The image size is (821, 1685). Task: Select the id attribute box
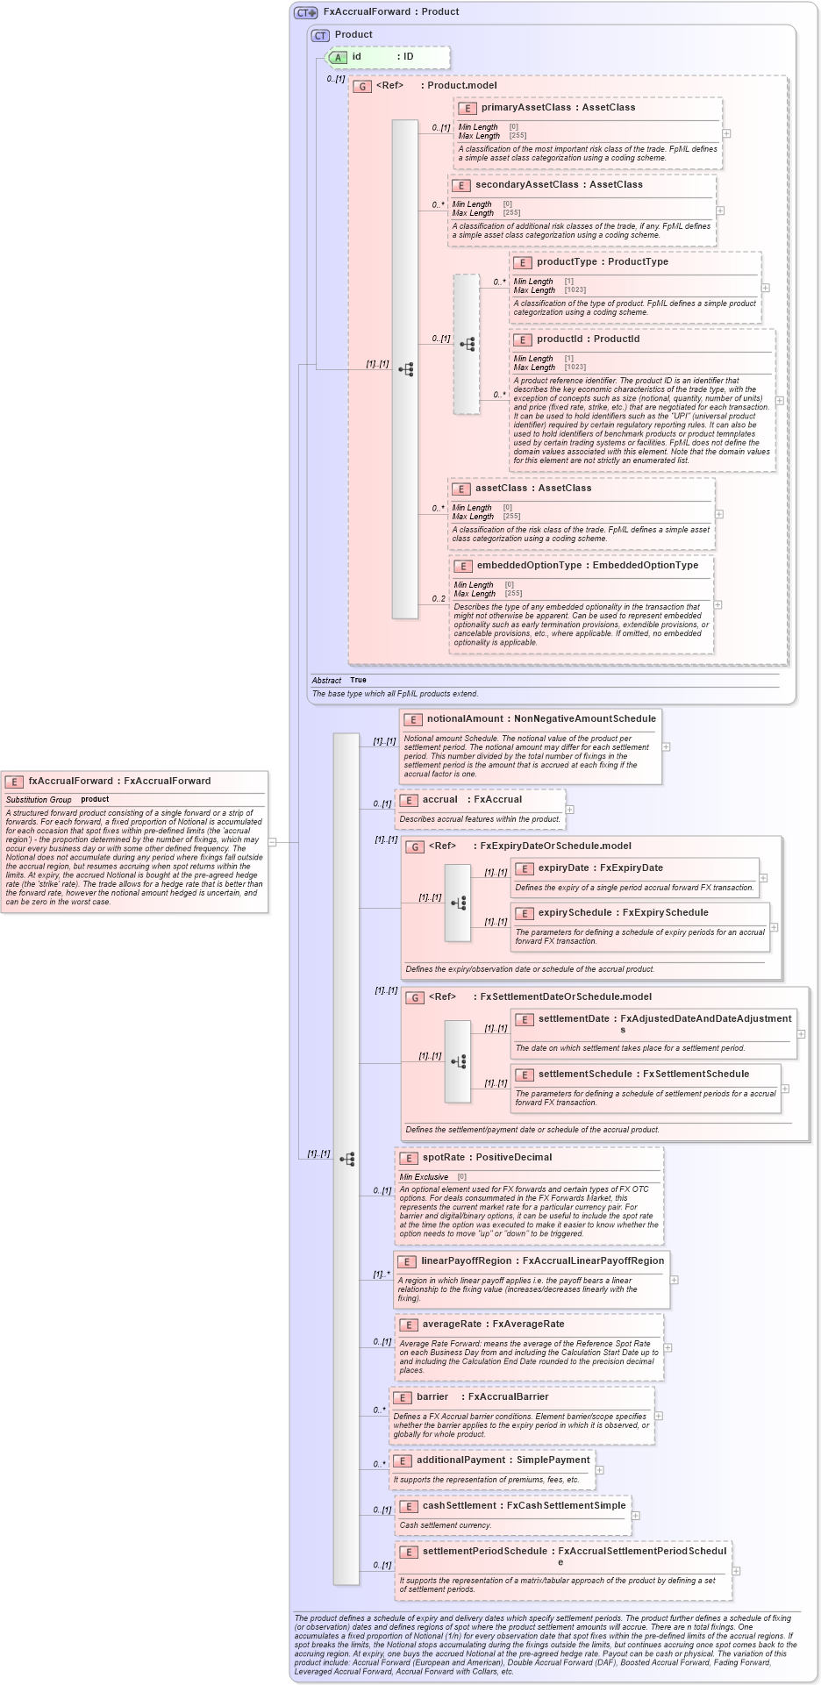(x=387, y=57)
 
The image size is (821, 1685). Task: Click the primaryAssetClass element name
(x=525, y=108)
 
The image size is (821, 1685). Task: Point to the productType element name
(x=566, y=262)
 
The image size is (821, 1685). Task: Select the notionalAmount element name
(x=465, y=719)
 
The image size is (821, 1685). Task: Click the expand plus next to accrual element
(x=570, y=810)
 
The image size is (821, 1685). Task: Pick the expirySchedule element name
(x=575, y=913)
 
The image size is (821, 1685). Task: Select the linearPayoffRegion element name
(x=466, y=1261)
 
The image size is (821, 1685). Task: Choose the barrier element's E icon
(x=403, y=1398)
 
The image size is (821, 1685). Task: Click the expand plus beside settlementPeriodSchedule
(x=736, y=1571)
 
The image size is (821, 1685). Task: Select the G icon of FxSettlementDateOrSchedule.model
(x=415, y=998)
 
